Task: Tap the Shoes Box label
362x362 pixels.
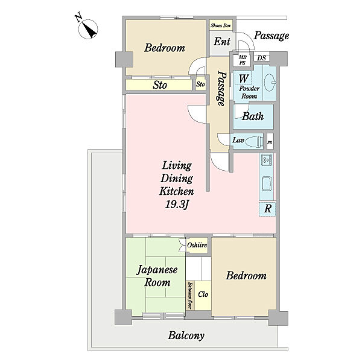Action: tap(221, 25)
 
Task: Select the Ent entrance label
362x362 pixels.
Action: tap(222, 42)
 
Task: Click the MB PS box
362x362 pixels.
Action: tap(242, 60)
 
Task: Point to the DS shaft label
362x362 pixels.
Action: tap(262, 58)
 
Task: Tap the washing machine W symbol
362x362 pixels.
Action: tap(243, 78)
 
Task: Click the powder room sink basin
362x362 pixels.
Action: tap(270, 83)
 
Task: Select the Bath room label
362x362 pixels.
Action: tap(253, 116)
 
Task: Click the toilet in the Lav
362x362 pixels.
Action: tap(254, 141)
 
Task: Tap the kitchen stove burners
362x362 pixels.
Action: tap(267, 159)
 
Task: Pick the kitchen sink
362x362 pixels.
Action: tap(267, 184)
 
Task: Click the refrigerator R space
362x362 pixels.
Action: tap(267, 209)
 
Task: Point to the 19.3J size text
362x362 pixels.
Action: tap(177, 205)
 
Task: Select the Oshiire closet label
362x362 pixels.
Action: tap(197, 245)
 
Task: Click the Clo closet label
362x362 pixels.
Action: tap(203, 294)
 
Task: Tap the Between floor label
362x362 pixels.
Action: tap(190, 296)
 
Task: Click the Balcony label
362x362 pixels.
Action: tap(186, 335)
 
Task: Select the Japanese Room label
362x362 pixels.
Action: tap(157, 276)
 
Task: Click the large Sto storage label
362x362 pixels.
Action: tap(160, 85)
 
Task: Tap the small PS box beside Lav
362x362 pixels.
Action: tap(270, 142)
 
